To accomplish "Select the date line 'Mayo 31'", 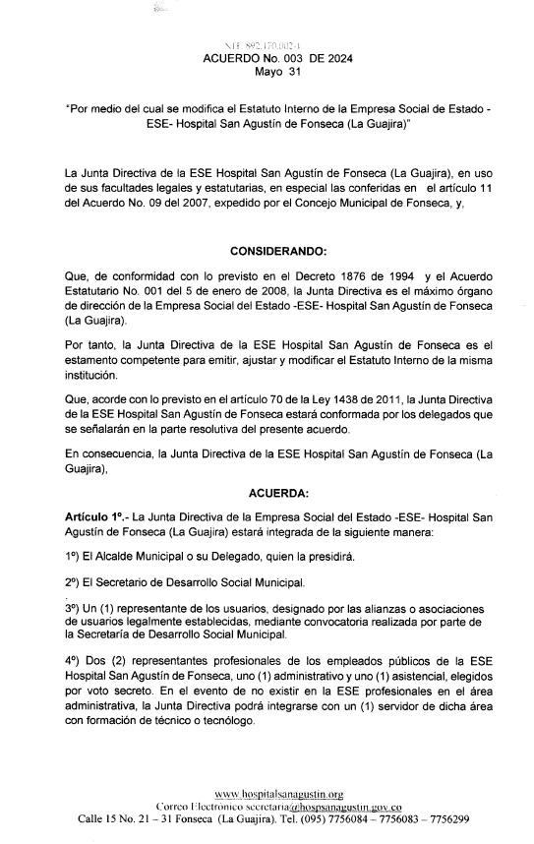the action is (x=267, y=72).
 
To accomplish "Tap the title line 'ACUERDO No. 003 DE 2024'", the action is (x=266, y=59).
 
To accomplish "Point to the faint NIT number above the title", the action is (x=266, y=45).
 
